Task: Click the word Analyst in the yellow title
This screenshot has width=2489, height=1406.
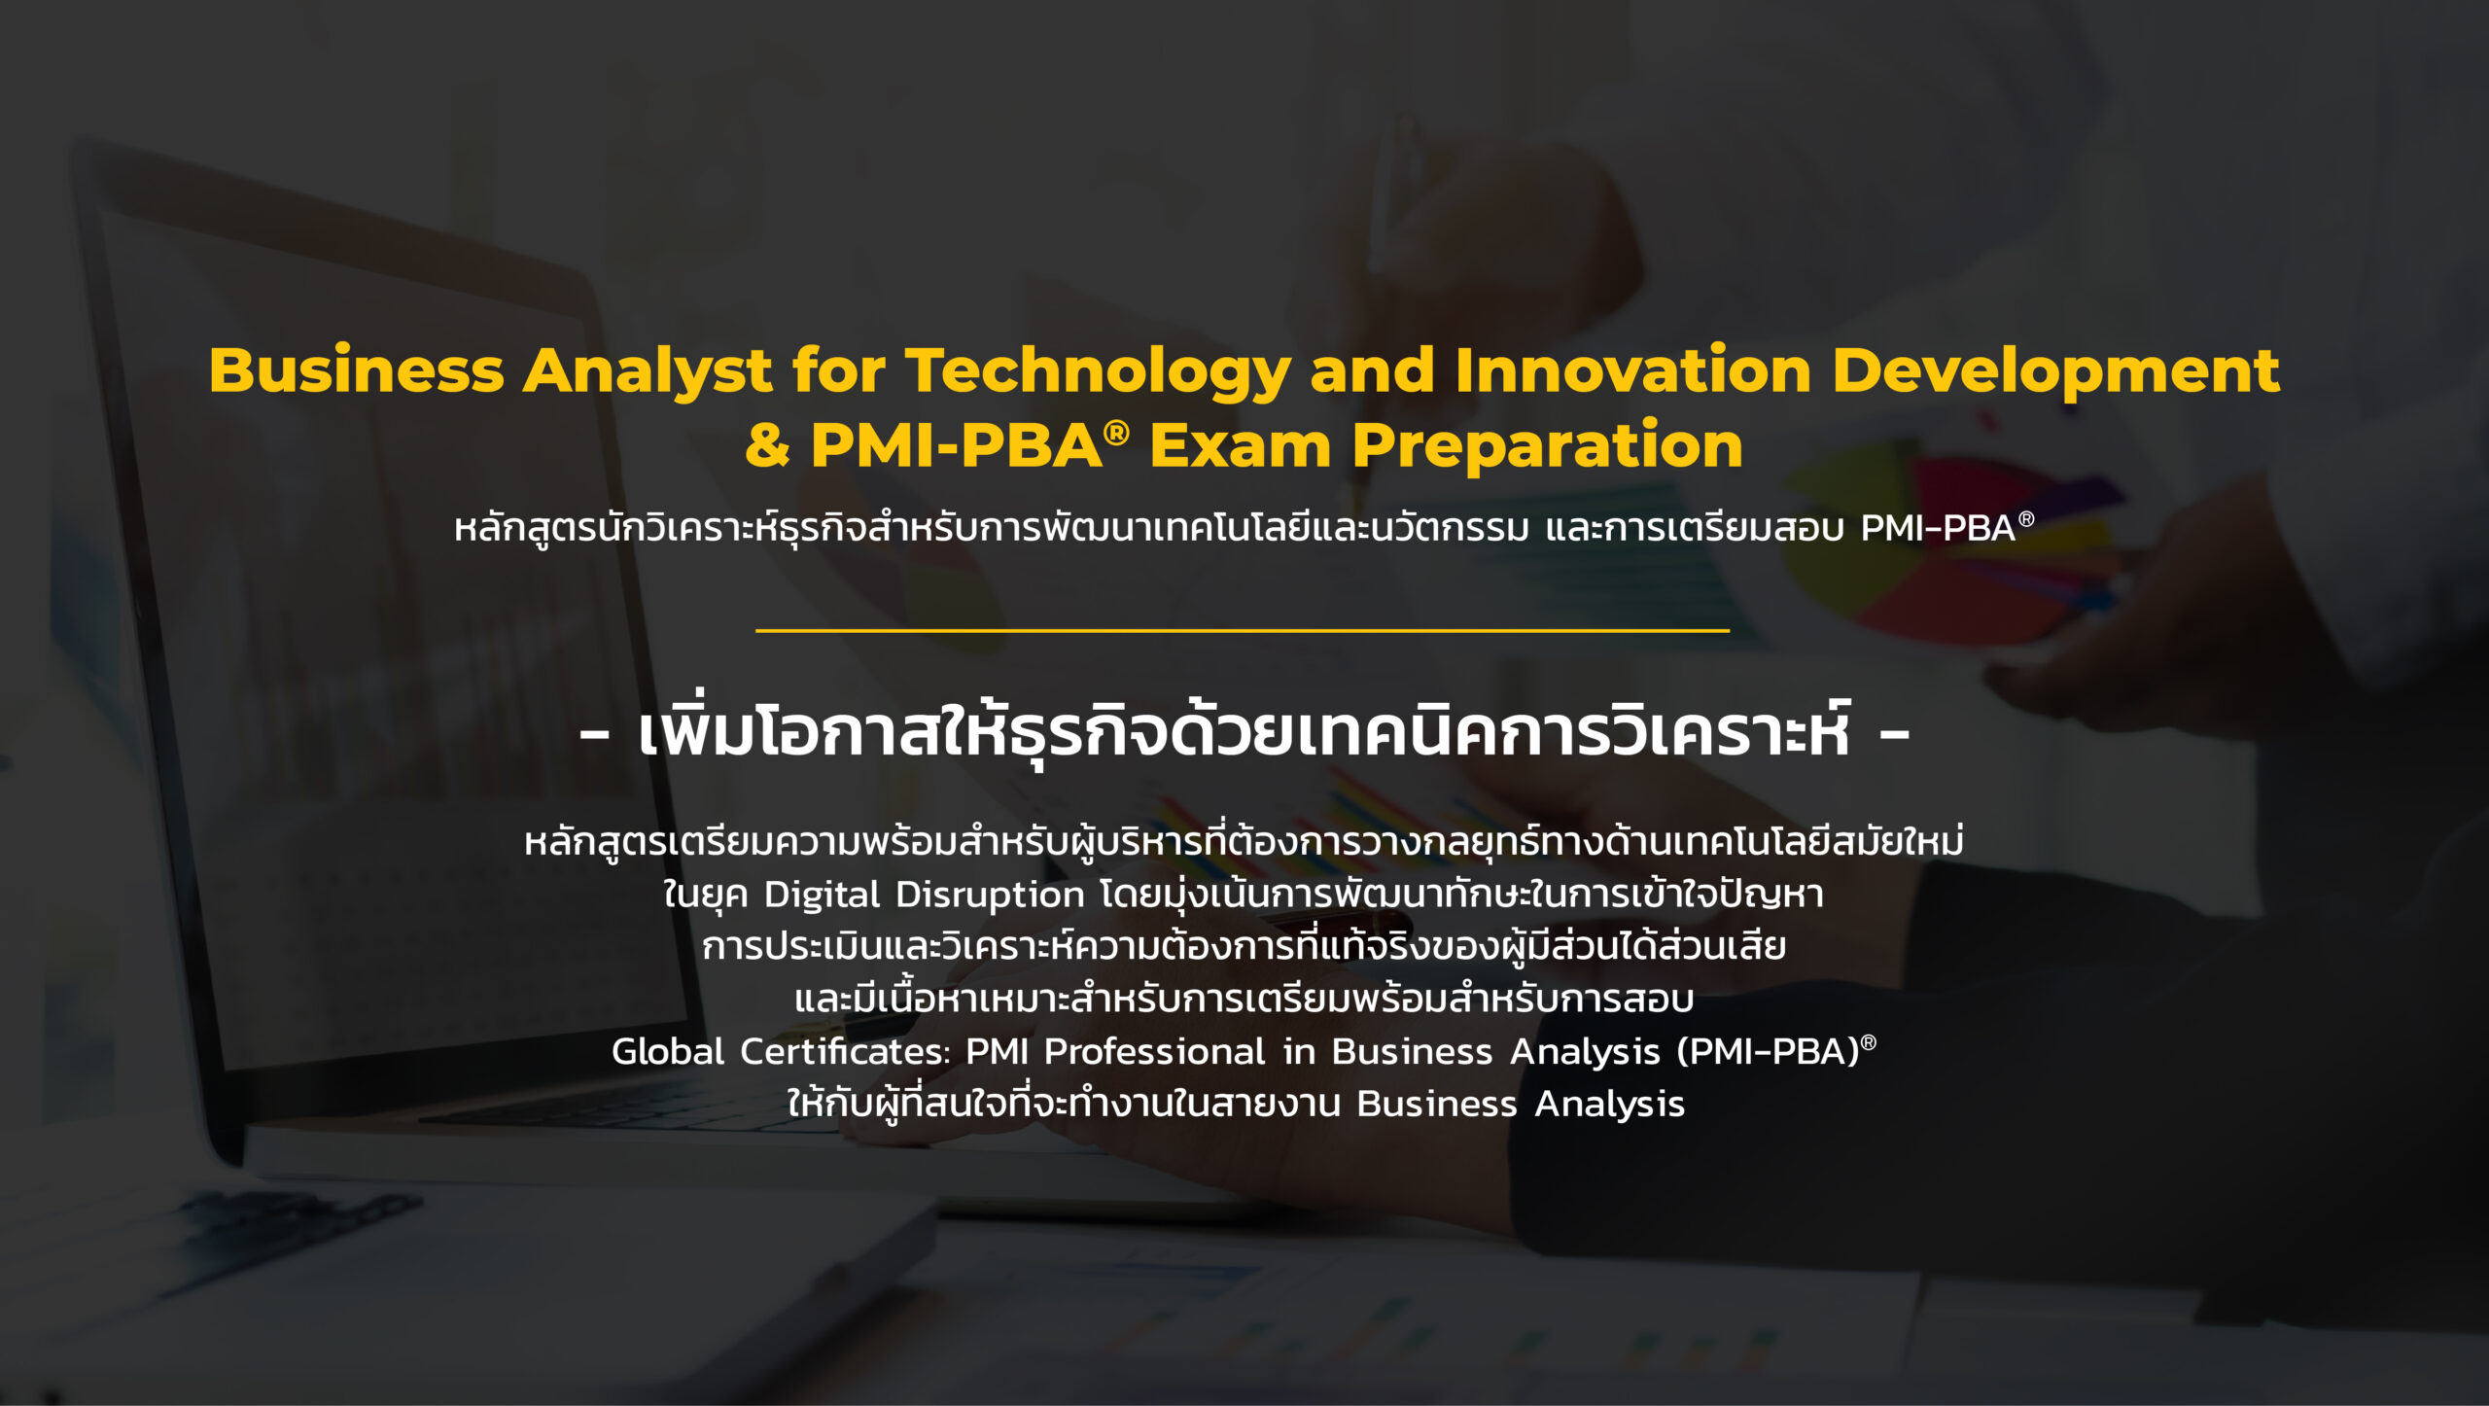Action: (648, 372)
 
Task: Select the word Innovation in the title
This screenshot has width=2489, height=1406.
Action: (1633, 370)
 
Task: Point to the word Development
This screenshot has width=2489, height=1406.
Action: (2056, 372)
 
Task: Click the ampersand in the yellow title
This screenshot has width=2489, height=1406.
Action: (768, 445)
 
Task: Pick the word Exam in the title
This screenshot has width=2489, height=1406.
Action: (1240, 445)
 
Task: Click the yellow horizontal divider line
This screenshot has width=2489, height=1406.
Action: (1243, 630)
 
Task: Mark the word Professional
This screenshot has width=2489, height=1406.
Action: (1155, 1051)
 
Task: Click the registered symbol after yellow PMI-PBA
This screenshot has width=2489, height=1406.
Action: (1116, 432)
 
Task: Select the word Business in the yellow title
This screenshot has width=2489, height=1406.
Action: (356, 370)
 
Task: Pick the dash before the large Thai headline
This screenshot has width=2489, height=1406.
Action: (594, 737)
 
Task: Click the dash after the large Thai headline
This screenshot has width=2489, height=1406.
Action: (1895, 737)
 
